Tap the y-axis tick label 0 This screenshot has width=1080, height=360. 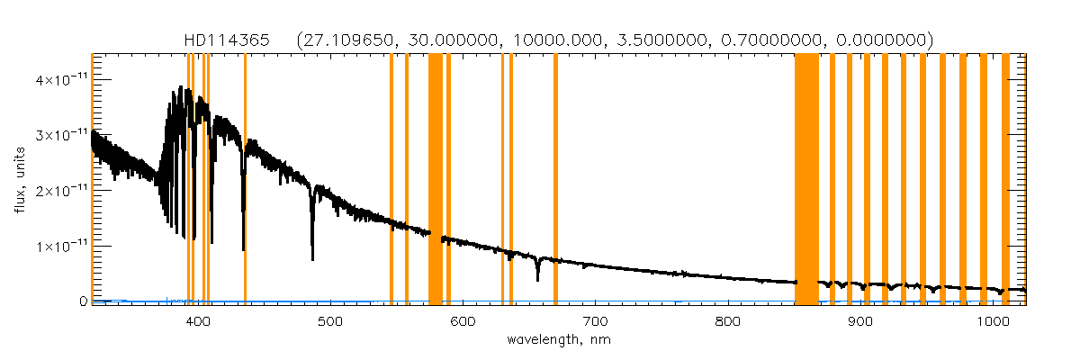coord(82,301)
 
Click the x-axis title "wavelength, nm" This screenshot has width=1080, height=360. coord(558,340)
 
